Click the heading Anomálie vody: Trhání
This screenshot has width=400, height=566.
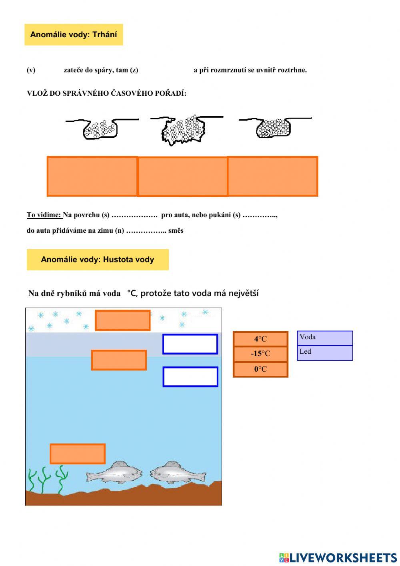(x=74, y=34)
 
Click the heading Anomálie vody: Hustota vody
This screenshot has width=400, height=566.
(x=97, y=260)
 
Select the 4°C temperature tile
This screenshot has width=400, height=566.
(x=260, y=339)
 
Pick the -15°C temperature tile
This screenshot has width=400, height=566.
(x=260, y=354)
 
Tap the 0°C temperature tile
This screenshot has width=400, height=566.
(x=260, y=369)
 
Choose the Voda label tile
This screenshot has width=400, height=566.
(x=324, y=338)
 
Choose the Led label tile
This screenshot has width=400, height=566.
(x=324, y=352)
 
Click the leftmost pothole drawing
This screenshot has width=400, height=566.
(x=100, y=128)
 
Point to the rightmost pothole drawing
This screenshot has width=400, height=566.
(x=274, y=128)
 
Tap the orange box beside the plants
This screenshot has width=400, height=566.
(x=78, y=454)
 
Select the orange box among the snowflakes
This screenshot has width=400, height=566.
(x=123, y=320)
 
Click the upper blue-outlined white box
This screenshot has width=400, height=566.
(x=190, y=344)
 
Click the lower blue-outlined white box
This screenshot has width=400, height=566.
(x=190, y=377)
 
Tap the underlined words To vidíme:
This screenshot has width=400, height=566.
(x=44, y=215)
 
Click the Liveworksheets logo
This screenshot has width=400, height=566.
(x=338, y=557)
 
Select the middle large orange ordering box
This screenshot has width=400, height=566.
(x=182, y=177)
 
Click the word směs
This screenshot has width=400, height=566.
(x=176, y=231)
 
